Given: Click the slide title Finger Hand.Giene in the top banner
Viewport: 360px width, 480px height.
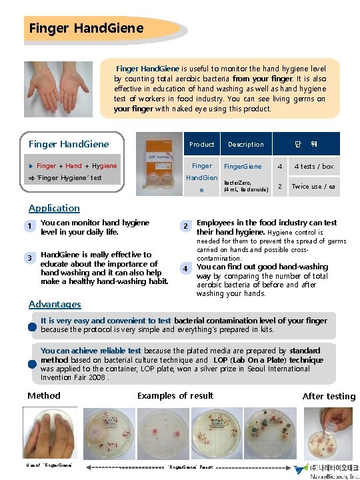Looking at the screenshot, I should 86,28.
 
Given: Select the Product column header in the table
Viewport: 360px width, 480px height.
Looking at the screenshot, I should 201,144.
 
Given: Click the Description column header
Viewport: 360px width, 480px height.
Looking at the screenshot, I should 245,144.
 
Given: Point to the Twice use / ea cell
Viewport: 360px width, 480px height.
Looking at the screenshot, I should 313,187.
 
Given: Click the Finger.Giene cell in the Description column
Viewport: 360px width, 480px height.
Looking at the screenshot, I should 243,166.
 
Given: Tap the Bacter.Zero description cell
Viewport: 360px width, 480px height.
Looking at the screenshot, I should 245,186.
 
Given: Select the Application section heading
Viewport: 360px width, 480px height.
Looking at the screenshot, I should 54,208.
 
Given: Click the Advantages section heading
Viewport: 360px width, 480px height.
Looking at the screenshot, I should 55,304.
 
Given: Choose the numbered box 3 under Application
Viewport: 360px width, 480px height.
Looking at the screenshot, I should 29,258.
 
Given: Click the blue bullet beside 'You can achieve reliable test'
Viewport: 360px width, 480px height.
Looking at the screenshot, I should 32,363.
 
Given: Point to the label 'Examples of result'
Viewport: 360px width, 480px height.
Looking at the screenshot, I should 175,396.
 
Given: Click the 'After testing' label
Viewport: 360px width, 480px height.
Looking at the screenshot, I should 329,396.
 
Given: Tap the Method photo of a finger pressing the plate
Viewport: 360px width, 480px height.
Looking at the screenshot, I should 49,433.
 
